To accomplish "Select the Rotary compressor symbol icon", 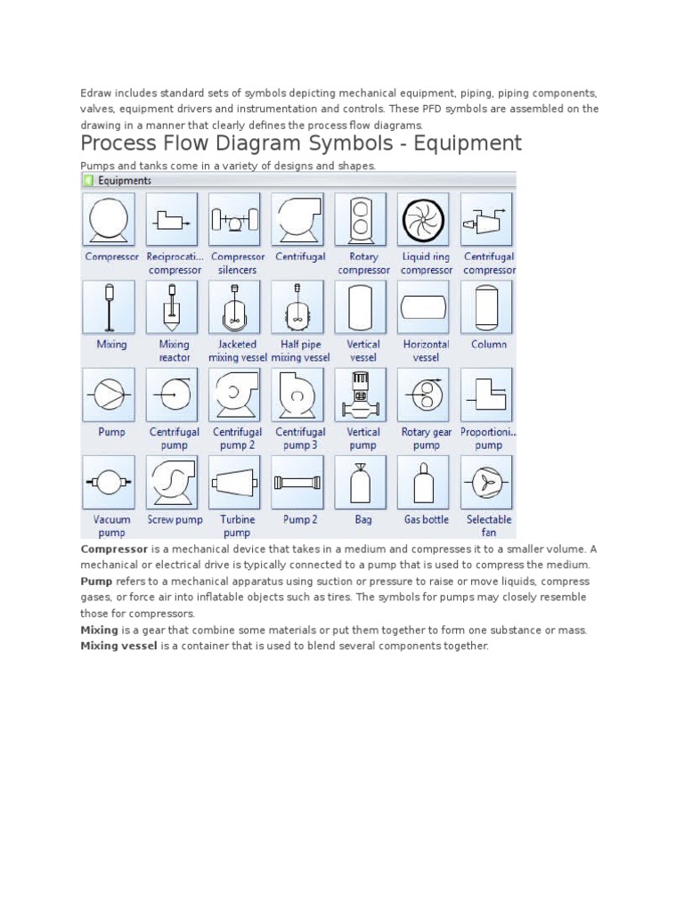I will coord(362,219).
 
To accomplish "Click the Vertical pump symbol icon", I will coord(362,395).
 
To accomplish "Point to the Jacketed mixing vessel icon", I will coord(235,306).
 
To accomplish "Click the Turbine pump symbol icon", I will coord(235,482).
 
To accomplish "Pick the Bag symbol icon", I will coord(362,482).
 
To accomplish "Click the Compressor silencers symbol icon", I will coord(235,219).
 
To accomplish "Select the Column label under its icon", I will coord(488,345).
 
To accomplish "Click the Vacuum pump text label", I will coord(111,526).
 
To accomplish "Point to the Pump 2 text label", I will coord(299,520).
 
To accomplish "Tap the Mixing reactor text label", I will coord(174,351).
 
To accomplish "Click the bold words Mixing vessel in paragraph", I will coord(118,646).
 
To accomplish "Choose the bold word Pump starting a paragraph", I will coord(95,582).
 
